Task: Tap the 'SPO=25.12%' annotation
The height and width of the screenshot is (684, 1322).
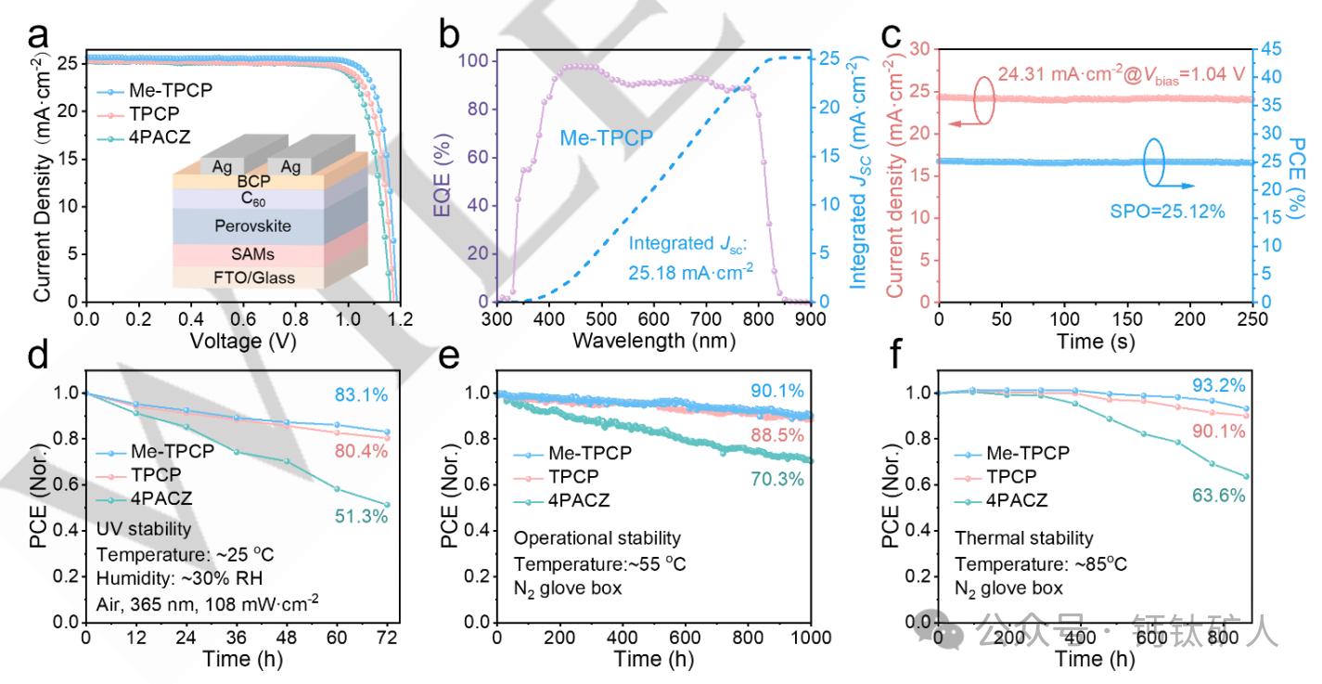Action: (1168, 211)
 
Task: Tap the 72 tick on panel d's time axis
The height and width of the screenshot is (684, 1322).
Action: (387, 639)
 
